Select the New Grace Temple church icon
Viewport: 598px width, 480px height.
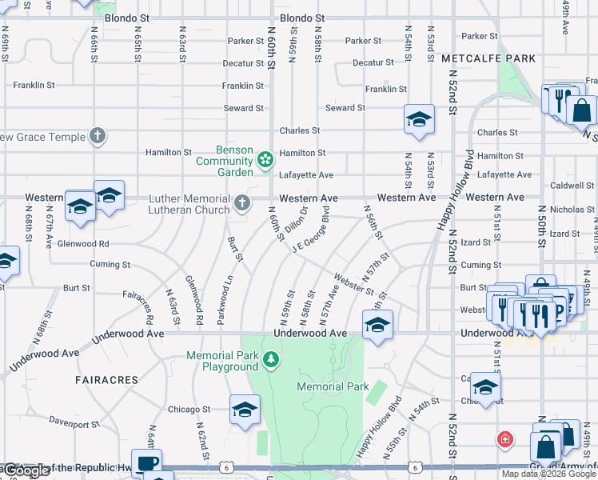(x=98, y=136)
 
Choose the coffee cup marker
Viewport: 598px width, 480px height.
(x=146, y=464)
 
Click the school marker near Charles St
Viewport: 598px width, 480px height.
(x=419, y=120)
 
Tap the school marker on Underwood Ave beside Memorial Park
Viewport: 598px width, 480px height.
(x=377, y=325)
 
